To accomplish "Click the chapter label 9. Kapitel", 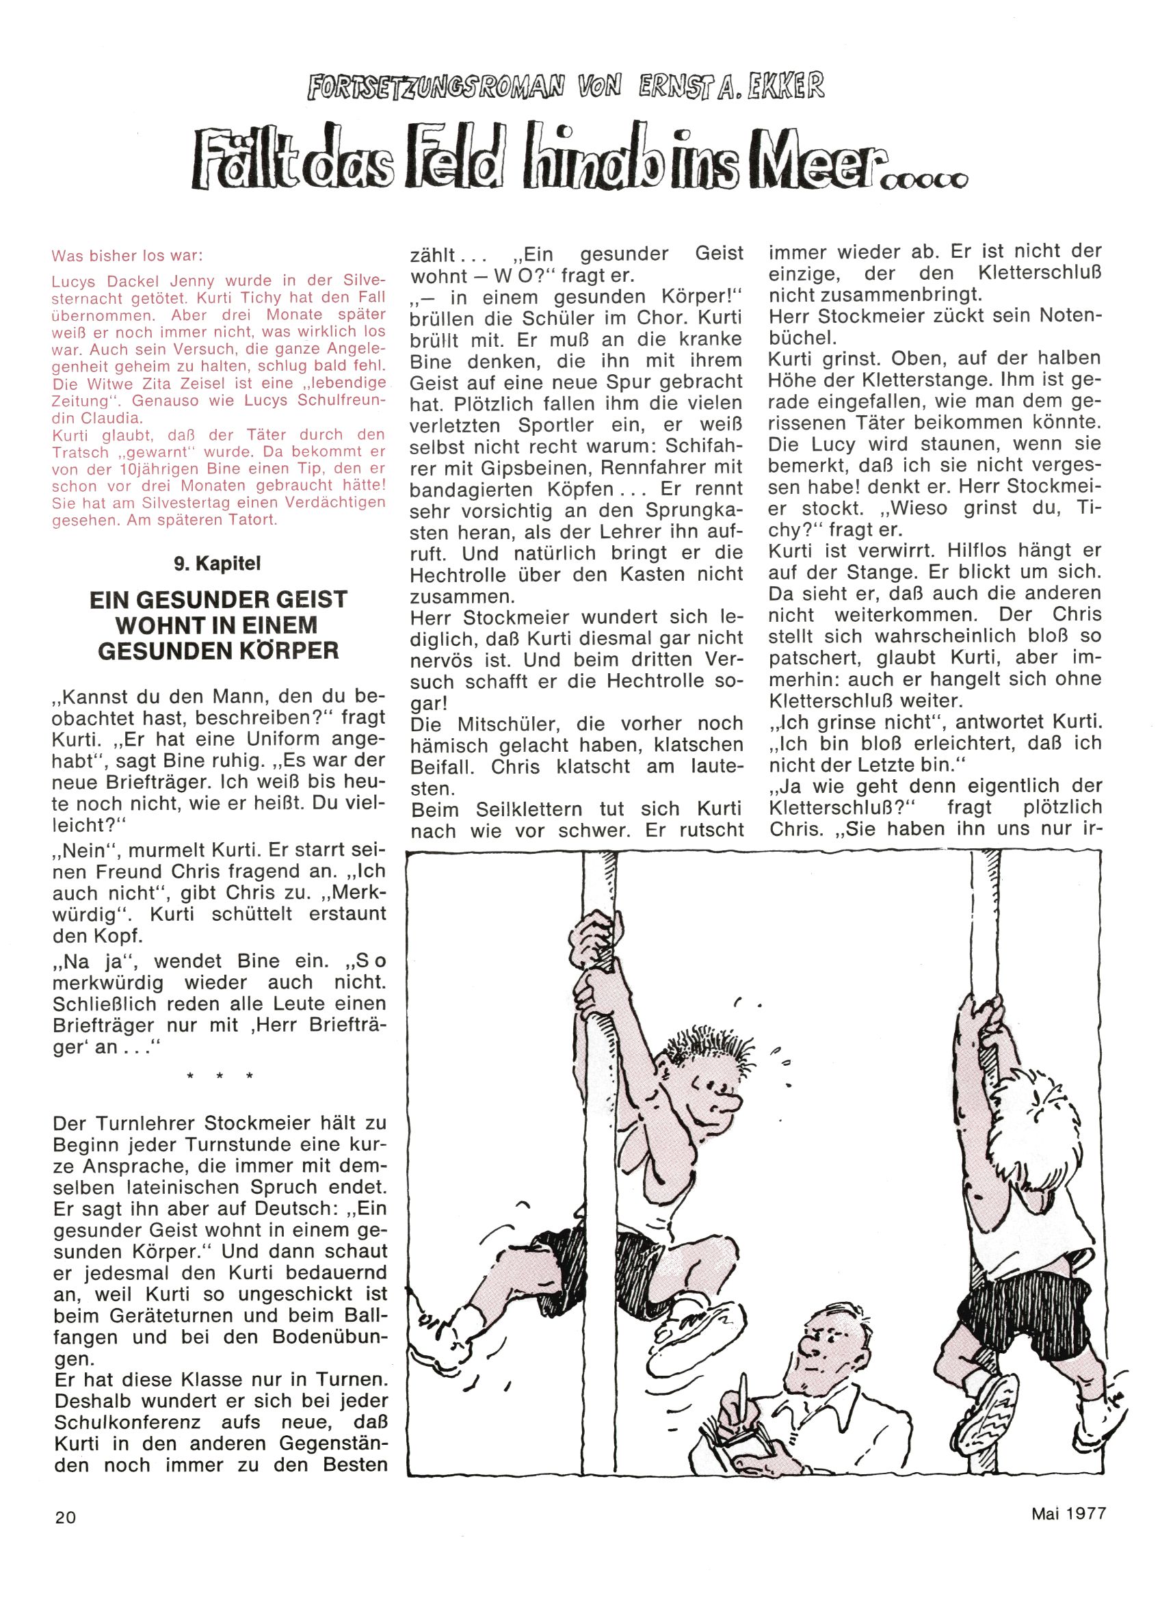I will click(x=217, y=563).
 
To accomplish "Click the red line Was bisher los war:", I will click(x=131, y=254).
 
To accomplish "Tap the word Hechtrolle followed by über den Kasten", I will click(x=464, y=574).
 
